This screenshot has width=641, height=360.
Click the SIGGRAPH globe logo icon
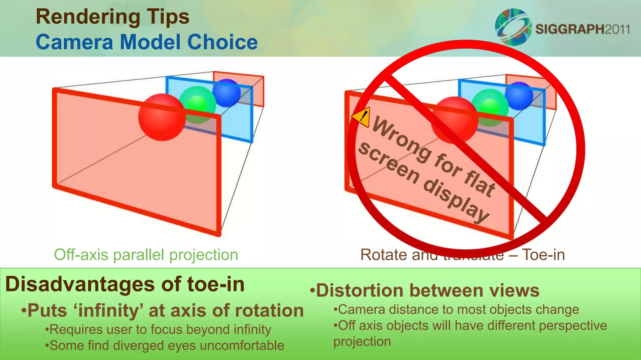point(513,27)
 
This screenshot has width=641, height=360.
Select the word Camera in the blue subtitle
point(74,42)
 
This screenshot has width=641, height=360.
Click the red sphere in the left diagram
point(161,117)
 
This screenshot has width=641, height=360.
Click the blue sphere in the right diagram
point(519,96)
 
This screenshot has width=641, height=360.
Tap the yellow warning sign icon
point(362,117)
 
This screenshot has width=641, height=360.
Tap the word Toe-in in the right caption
point(543,255)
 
